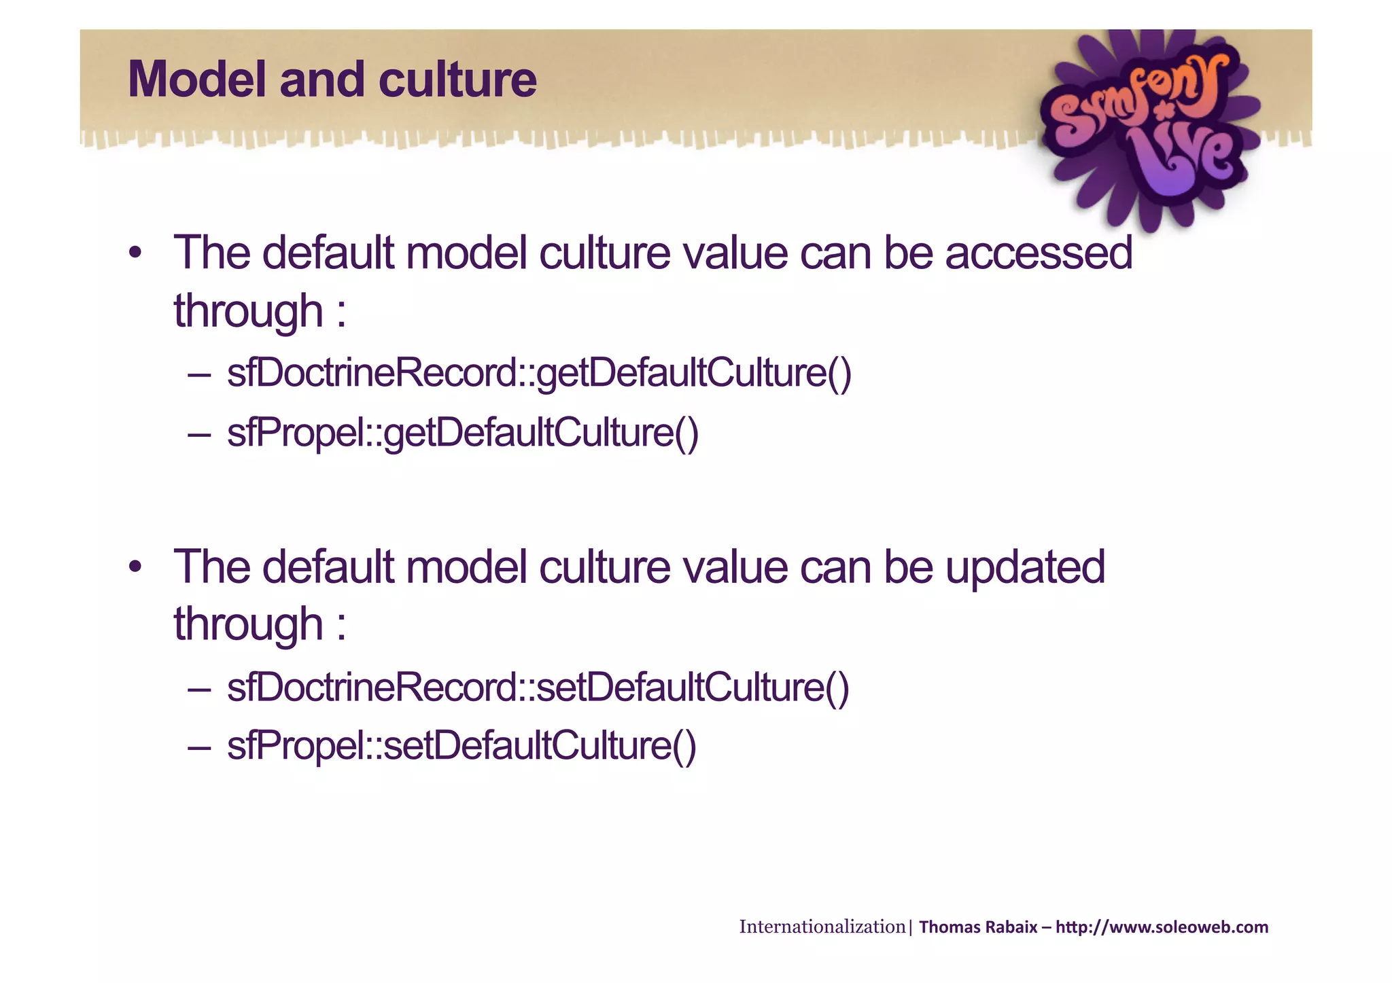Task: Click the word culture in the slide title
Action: click(457, 80)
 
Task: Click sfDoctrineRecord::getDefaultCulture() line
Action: click(538, 374)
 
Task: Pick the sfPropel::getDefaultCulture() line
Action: click(462, 433)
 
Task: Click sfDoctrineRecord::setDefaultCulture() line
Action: click(538, 687)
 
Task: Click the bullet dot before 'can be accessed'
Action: click(135, 253)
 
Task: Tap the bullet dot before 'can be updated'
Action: click(135, 567)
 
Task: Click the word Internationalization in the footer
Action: click(822, 927)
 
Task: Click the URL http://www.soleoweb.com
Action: click(1162, 927)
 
